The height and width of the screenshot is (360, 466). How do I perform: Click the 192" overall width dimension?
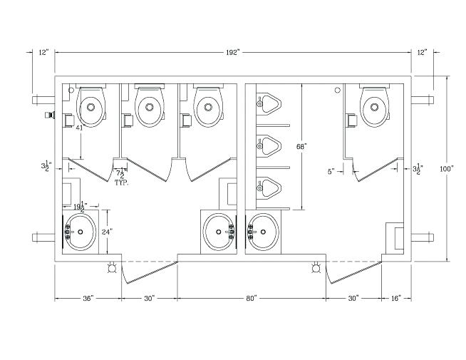(x=232, y=53)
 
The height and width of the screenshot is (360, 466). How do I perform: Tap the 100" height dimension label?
(x=447, y=169)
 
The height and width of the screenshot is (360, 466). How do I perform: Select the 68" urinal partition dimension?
(x=301, y=146)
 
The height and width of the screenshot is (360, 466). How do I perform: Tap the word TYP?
(x=123, y=182)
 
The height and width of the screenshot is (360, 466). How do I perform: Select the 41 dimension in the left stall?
(x=81, y=128)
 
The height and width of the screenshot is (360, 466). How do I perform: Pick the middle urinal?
(x=269, y=147)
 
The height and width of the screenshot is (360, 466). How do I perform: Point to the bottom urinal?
(x=269, y=187)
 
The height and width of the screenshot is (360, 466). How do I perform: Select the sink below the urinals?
(x=264, y=232)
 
